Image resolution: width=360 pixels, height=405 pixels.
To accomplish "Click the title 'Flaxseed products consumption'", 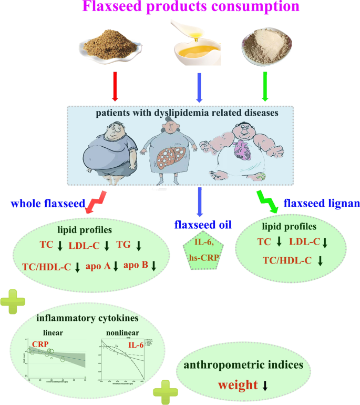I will pos(179,8).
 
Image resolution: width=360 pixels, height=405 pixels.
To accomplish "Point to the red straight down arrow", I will pos(115,86).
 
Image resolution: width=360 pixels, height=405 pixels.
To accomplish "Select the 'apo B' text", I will pos(135,266).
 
